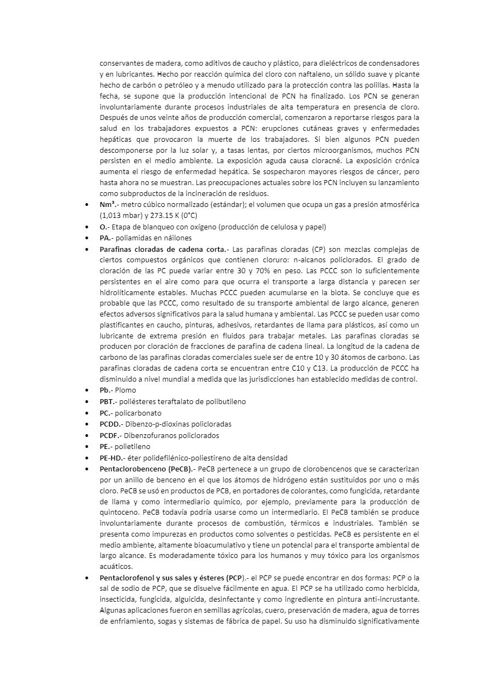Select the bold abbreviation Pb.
(x=105, y=390)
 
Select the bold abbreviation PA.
(x=106, y=238)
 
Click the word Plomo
(x=125, y=390)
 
